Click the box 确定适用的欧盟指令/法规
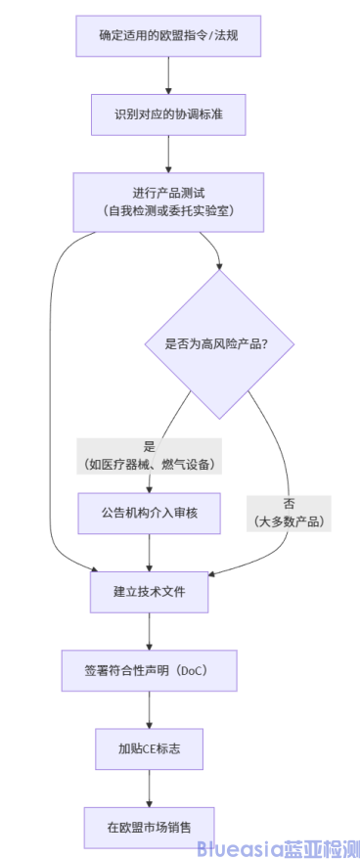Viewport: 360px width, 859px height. [168, 35]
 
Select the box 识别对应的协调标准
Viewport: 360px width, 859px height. [168, 114]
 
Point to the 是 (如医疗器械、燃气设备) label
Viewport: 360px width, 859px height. [149, 455]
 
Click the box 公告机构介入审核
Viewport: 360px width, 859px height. [149, 512]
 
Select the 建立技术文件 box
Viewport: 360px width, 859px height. [149, 591]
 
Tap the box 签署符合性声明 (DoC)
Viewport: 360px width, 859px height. [149, 670]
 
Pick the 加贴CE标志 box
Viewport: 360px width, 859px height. [149, 748]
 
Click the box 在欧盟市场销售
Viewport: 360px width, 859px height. [149, 828]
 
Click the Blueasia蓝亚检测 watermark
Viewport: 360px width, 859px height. [278, 847]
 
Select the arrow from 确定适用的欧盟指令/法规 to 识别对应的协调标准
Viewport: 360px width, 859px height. [168, 74]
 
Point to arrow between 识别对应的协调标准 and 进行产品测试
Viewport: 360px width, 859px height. [168, 154]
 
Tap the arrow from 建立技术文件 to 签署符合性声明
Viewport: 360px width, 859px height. [149, 630]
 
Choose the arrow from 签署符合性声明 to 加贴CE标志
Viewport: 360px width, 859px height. [149, 709]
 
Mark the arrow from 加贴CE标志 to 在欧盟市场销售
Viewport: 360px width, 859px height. [149, 788]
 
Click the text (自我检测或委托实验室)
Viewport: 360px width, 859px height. [168, 210]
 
